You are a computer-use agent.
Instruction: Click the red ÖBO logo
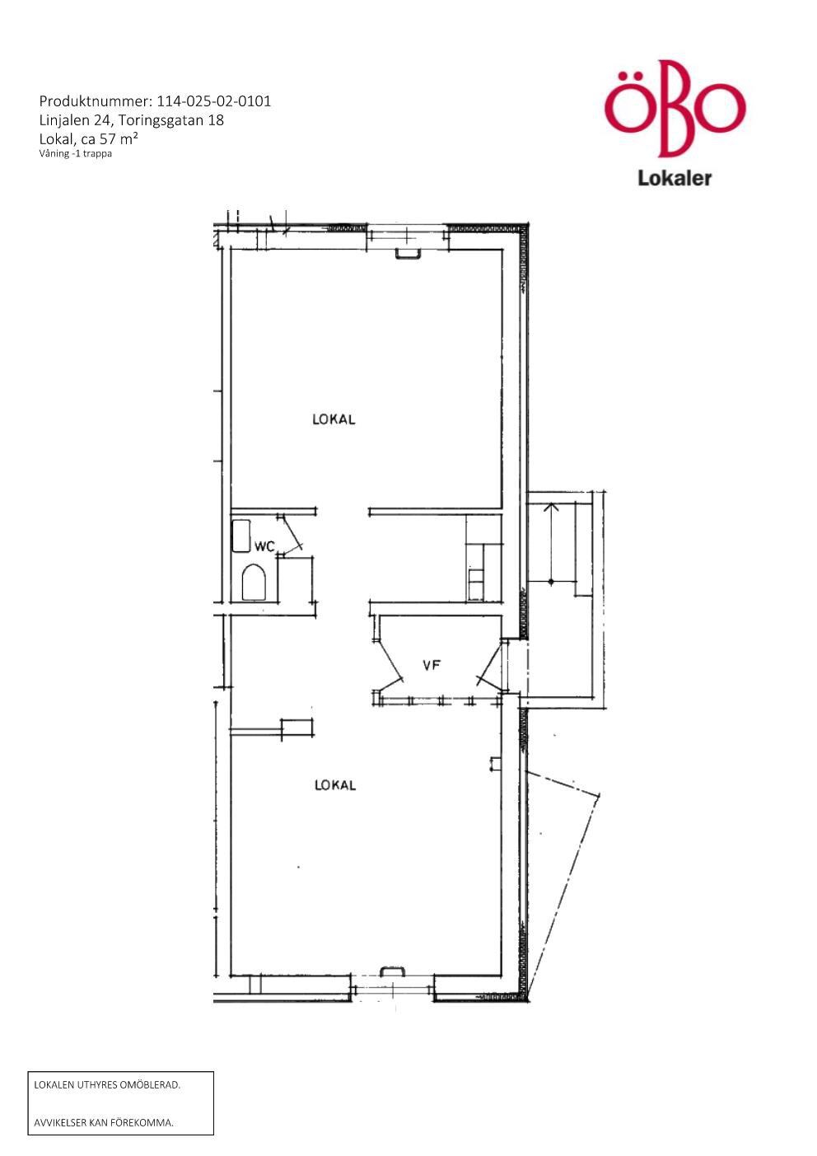tap(675, 109)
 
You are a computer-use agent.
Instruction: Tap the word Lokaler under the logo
tap(675, 178)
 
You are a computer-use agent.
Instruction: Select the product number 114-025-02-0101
tap(213, 101)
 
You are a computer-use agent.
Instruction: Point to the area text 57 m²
tap(119, 138)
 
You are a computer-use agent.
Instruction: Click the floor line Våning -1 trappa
tap(75, 153)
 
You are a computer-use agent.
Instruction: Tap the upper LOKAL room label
tap(334, 419)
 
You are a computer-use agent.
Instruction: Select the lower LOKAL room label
tap(334, 785)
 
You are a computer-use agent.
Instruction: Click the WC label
tap(264, 546)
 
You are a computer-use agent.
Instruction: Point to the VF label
tap(432, 665)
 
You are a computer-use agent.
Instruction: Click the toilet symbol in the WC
tap(253, 583)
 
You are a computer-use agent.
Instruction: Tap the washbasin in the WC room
tap(240, 536)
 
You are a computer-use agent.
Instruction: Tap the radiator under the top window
tap(406, 253)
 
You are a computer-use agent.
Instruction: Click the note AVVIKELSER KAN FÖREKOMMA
tap(104, 1122)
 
